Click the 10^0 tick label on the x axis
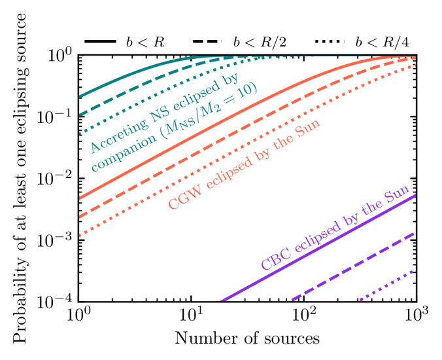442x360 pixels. pyautogui.click(x=78, y=318)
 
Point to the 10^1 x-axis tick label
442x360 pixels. pyautogui.click(x=191, y=318)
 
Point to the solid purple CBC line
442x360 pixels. pyautogui.click(x=314, y=248)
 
